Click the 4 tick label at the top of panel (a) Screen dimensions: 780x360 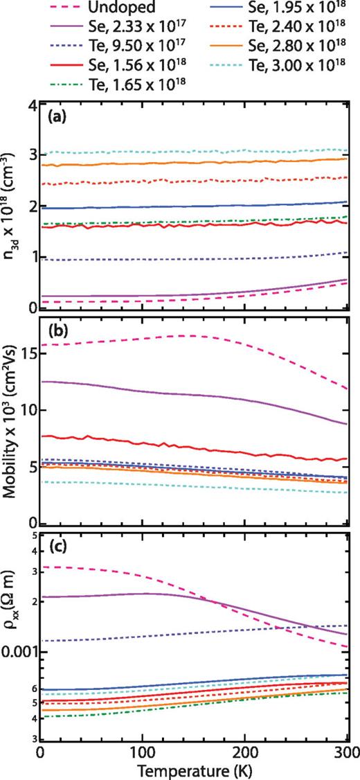[x=31, y=105]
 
